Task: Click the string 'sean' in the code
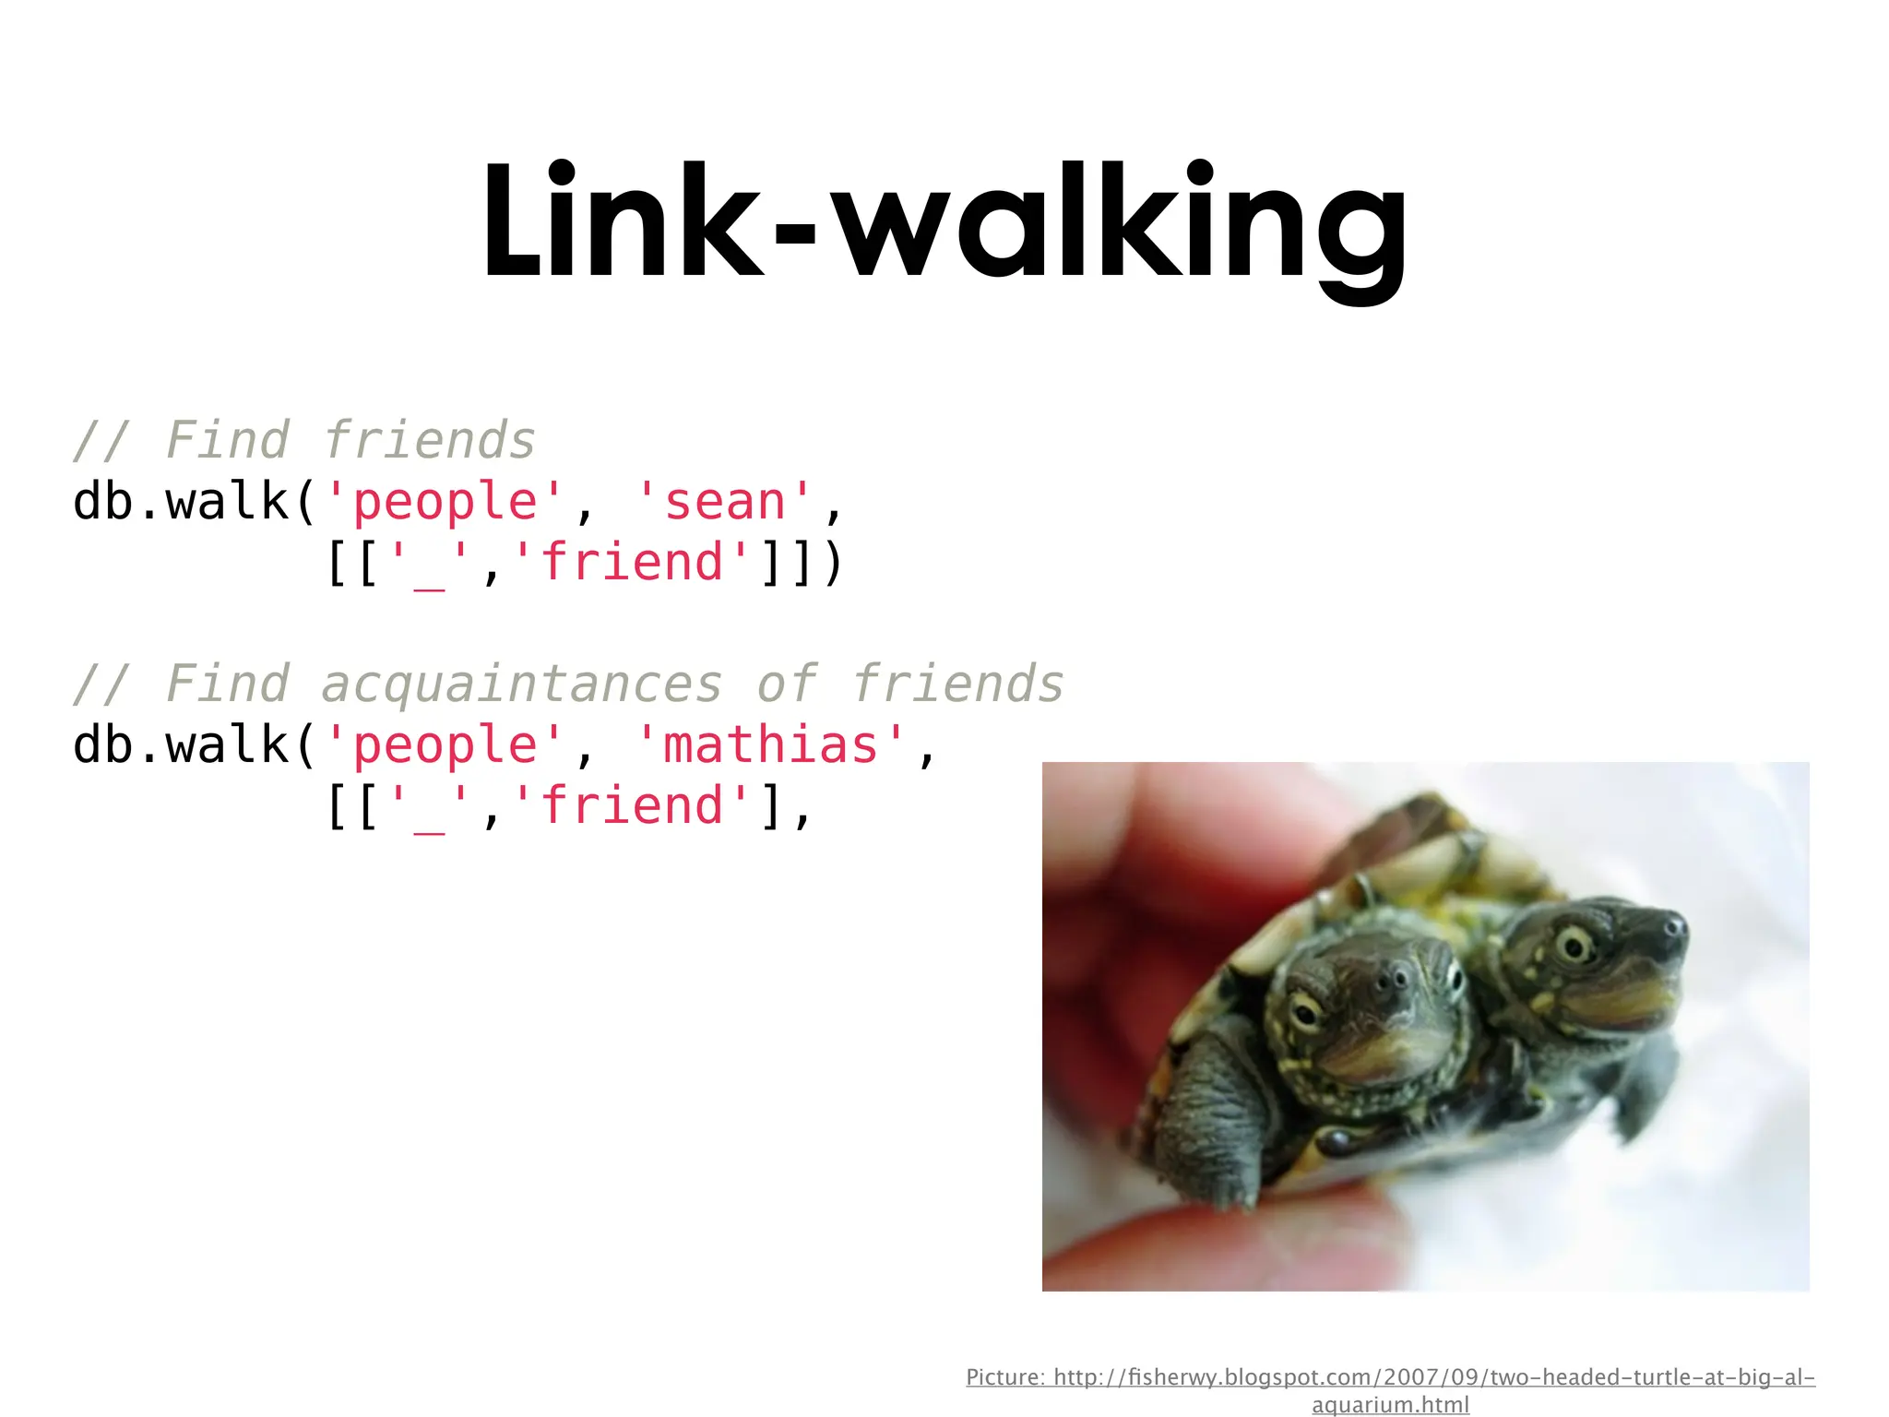pyautogui.click(x=724, y=503)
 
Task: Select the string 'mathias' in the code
pyautogui.click(x=770, y=745)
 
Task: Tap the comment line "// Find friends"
pyautogui.click(x=304, y=441)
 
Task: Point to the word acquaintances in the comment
pyautogui.click(x=521, y=685)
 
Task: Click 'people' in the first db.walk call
pyautogui.click(x=445, y=503)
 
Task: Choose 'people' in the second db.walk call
pyautogui.click(x=445, y=745)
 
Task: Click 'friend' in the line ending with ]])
pyautogui.click(x=632, y=563)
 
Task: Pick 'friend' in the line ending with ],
pyautogui.click(x=632, y=806)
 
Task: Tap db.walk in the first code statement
pyautogui.click(x=181, y=503)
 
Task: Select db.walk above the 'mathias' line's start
pyautogui.click(x=181, y=745)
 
